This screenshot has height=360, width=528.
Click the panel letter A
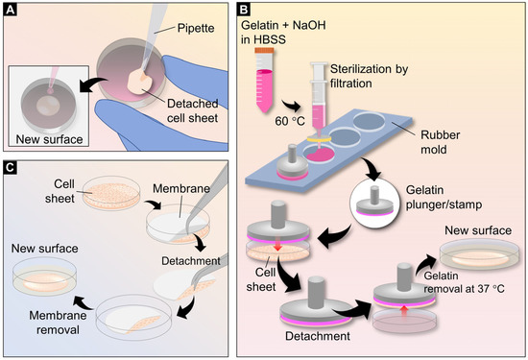(12, 11)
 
